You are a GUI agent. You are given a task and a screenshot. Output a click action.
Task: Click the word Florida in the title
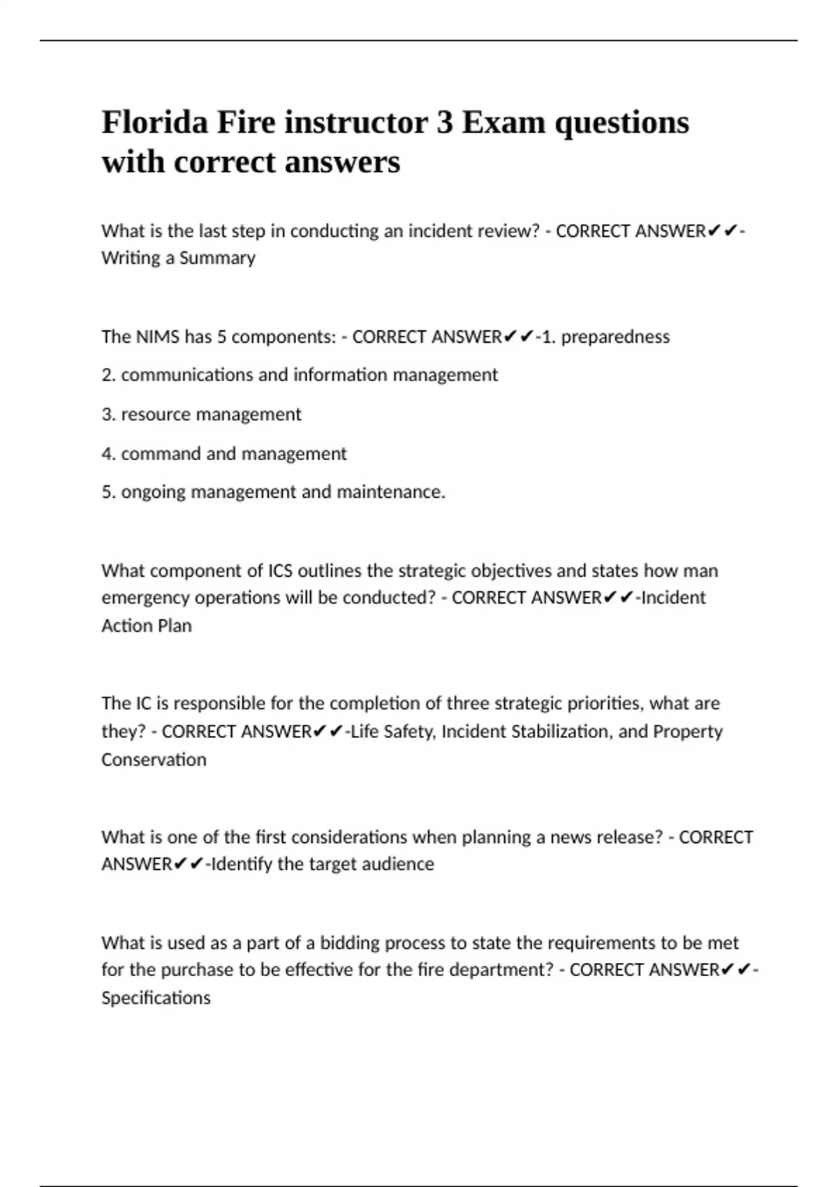click(x=154, y=123)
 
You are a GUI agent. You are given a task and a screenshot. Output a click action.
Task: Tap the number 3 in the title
click(x=443, y=123)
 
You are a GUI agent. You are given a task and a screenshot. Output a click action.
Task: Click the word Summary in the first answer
click(x=217, y=258)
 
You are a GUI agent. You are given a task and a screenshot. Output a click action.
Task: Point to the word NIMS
click(x=158, y=337)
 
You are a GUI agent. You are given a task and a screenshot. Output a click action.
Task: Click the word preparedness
click(x=615, y=337)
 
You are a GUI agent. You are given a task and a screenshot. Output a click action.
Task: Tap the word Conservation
click(x=154, y=760)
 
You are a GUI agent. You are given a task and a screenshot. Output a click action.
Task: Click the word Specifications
click(x=156, y=998)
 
